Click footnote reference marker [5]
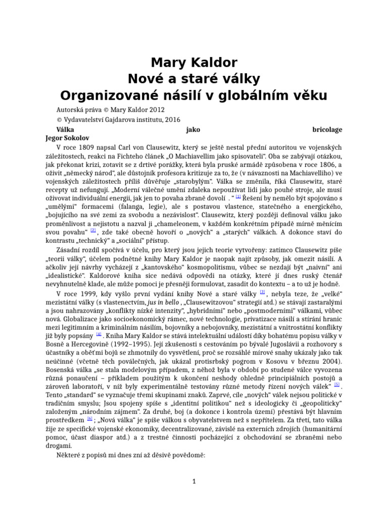[x=337, y=384]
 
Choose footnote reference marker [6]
[x=89, y=418]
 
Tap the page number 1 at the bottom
[x=194, y=482]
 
